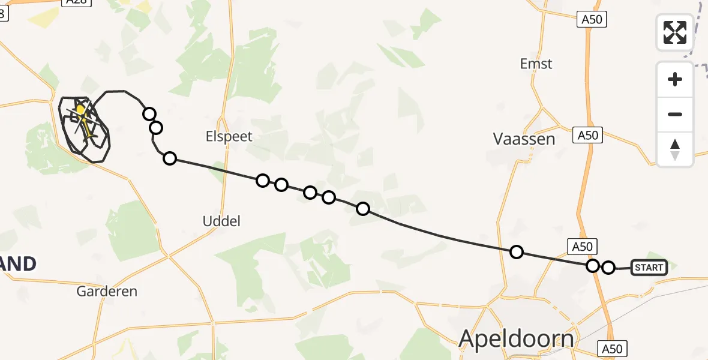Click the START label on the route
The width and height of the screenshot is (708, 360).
coord(649,268)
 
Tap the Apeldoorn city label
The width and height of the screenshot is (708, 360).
coord(516,338)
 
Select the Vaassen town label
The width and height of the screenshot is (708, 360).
coord(524,139)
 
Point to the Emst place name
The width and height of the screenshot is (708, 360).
coord(536,64)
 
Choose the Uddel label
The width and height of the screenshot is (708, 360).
coord(221,221)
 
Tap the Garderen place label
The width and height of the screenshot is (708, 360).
coord(107,292)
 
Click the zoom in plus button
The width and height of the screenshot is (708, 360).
coord(675,79)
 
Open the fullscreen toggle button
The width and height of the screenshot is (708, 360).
coord(675,32)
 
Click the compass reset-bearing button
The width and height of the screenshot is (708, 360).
coord(675,149)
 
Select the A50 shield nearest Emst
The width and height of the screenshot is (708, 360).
coord(592,20)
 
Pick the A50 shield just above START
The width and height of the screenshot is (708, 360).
coord(581,246)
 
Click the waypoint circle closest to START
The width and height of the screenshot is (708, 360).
coord(608,268)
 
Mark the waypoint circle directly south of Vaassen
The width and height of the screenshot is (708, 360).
coord(516,252)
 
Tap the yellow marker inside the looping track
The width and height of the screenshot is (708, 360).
coord(80,110)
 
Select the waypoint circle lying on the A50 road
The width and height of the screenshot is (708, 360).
coord(593,266)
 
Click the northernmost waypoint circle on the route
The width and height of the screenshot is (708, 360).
coord(149,114)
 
